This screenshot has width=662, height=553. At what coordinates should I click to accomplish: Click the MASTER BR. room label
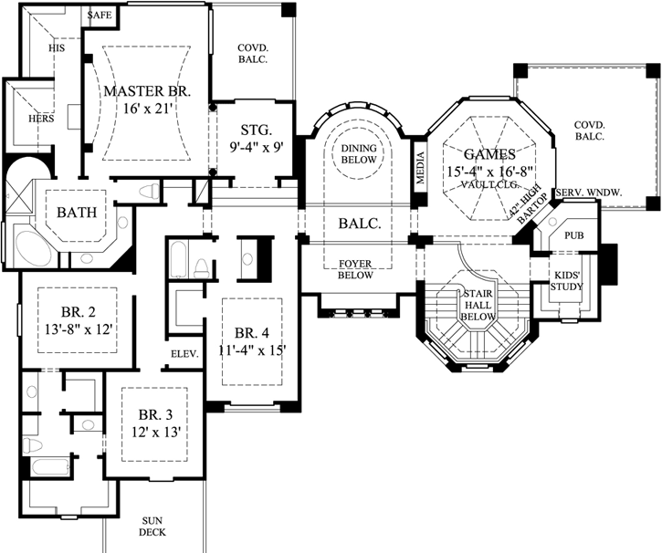pos(147,91)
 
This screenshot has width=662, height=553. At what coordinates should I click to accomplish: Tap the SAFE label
pos(100,16)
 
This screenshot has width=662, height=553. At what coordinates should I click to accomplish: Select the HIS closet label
pos(57,48)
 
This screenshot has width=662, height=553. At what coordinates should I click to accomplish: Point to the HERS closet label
pos(41,119)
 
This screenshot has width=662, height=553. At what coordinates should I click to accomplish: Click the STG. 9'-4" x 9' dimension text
pos(257,147)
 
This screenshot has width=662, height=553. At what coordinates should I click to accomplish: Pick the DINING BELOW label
pos(359,154)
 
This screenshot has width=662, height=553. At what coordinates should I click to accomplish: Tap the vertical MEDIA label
pos(420,168)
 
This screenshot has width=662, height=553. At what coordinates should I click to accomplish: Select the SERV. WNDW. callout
pos(589,193)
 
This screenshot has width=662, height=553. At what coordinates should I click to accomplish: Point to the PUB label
pos(574,235)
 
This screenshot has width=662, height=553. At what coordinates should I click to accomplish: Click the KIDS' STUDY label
pos(567,281)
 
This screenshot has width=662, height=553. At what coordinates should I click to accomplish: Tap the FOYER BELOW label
pos(355,269)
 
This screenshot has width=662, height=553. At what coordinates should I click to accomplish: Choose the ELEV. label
pos(184,354)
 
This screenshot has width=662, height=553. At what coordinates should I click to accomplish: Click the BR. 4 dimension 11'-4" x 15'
pos(252,350)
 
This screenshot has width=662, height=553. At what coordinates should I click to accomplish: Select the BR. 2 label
pos(79,312)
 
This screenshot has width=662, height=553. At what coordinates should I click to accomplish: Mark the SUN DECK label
pos(152,527)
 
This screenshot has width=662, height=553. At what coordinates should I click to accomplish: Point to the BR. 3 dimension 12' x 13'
pos(156,432)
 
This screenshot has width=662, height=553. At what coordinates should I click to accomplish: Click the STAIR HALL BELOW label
pos(478,305)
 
